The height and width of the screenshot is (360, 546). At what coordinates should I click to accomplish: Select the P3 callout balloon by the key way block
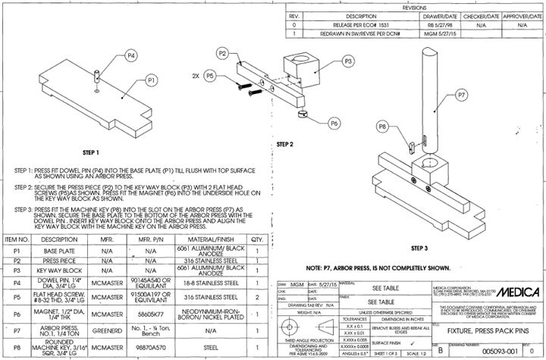(x=349, y=60)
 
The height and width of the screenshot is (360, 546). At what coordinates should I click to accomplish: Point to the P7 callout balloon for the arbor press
(x=462, y=95)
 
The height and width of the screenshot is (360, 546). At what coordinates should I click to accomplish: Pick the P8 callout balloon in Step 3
(x=382, y=126)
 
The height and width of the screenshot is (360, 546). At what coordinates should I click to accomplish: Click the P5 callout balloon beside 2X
(x=210, y=76)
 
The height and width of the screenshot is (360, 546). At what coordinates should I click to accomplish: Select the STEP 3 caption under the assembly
(x=419, y=248)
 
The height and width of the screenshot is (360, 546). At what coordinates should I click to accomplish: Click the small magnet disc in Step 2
(x=303, y=114)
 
